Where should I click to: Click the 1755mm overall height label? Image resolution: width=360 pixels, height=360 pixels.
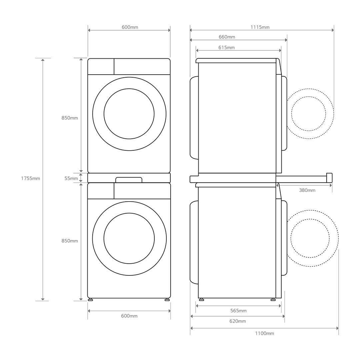(30, 178)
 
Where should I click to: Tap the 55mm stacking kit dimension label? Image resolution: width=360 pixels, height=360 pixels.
(71, 178)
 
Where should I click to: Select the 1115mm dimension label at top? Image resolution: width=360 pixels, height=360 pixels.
(260, 27)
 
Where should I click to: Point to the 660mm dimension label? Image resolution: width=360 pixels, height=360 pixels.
(227, 37)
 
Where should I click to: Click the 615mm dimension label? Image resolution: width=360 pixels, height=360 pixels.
(227, 48)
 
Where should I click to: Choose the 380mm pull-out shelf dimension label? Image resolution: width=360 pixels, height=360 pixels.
(307, 190)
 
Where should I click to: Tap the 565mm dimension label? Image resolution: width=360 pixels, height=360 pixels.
(238, 311)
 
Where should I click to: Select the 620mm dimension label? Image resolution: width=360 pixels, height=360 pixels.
(238, 321)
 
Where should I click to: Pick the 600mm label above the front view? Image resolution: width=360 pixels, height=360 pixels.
(130, 27)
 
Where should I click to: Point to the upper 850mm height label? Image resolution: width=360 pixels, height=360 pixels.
(70, 118)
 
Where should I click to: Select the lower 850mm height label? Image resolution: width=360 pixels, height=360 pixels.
(70, 241)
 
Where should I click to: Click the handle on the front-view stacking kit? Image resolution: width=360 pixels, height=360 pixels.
(129, 180)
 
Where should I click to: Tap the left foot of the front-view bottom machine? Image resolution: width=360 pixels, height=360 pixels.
(90, 300)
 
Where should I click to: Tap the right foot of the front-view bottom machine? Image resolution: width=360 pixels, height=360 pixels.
(167, 300)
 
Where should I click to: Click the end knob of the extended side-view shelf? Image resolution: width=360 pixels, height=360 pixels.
(329, 177)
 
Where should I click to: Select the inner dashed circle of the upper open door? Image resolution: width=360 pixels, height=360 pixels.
(308, 114)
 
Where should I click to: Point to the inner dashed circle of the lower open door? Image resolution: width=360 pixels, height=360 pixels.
(310, 238)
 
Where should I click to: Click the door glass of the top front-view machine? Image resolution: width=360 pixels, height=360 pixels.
(129, 114)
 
